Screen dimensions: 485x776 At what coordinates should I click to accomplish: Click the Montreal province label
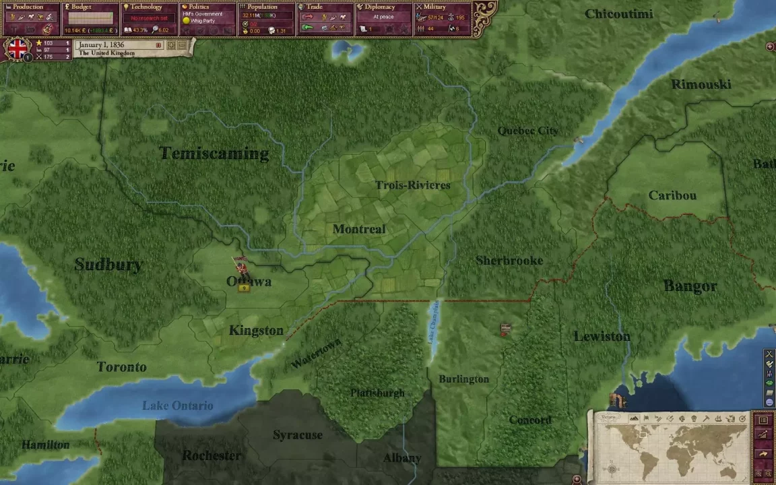[359, 229]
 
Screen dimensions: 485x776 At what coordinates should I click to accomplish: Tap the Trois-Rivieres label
[413, 185]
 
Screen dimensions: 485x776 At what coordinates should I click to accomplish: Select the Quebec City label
[527, 131]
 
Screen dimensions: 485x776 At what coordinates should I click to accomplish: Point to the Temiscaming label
[214, 154]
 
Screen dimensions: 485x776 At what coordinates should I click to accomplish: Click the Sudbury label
[108, 265]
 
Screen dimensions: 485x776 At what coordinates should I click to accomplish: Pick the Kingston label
[256, 330]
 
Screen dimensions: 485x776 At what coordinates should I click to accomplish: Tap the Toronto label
[121, 367]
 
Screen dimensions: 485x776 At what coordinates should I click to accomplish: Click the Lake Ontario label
[177, 406]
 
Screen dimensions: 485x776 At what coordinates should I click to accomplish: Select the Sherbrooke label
[509, 261]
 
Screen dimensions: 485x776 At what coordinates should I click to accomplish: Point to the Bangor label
[690, 286]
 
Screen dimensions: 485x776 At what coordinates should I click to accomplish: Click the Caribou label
[672, 195]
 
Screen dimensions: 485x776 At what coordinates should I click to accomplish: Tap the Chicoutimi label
[619, 13]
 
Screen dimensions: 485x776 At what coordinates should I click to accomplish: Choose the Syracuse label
[298, 435]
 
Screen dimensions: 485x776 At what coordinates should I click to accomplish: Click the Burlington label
[463, 379]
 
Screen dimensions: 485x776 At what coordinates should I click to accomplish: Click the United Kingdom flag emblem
[18, 48]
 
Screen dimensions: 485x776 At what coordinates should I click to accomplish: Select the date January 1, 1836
[102, 44]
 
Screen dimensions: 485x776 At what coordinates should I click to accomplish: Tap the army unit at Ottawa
[240, 267]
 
